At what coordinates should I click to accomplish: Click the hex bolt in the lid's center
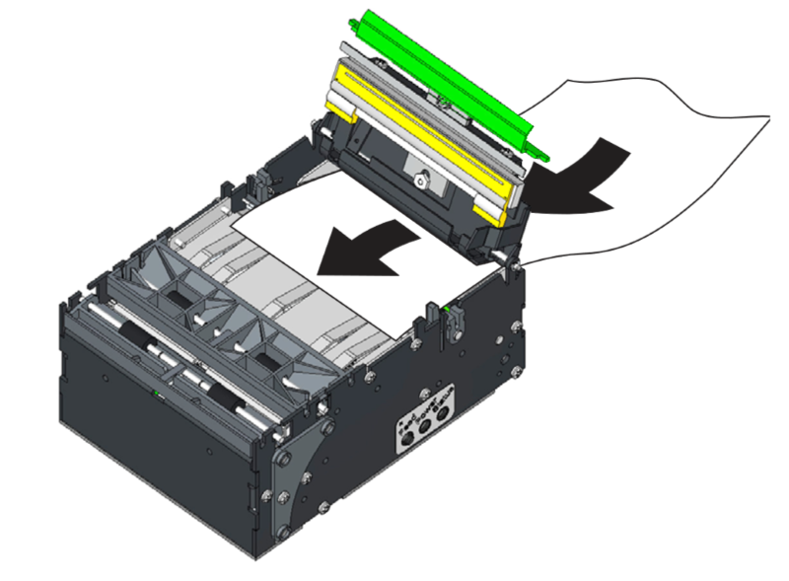coord(422,181)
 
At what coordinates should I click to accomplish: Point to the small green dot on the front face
coord(155,392)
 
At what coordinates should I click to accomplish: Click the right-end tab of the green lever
coord(538,153)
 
